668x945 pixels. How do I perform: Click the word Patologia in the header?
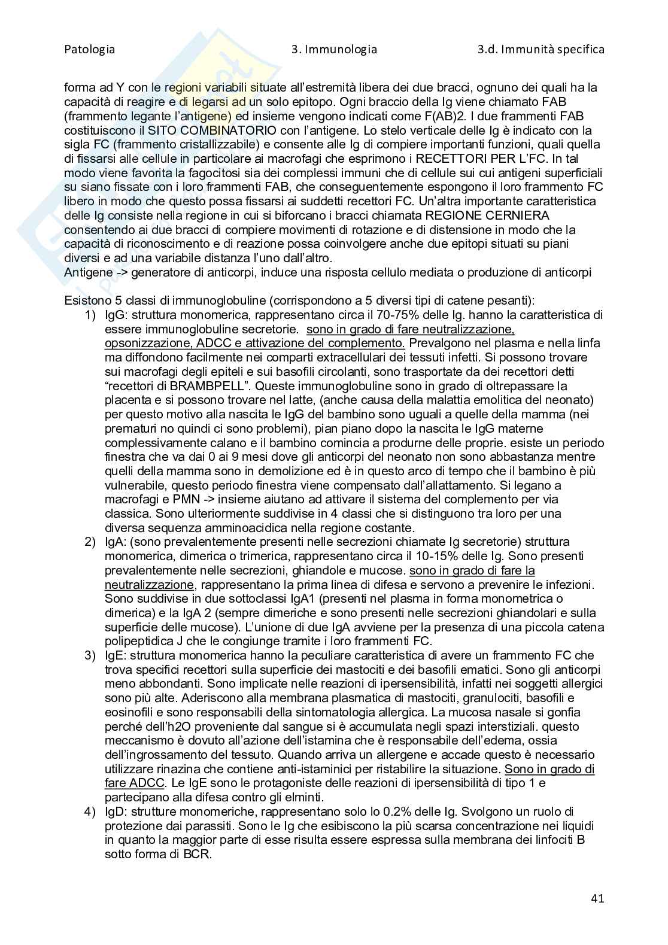[x=89, y=50]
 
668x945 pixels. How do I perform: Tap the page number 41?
[x=597, y=898]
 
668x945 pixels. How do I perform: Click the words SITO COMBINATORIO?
[x=216, y=130]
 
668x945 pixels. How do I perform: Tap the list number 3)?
[x=90, y=655]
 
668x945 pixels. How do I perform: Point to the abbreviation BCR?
[x=194, y=855]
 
